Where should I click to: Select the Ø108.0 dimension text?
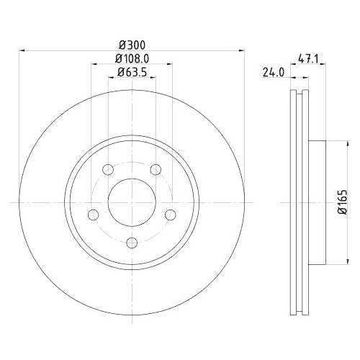click(x=132, y=58)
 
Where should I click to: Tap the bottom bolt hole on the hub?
click(x=132, y=243)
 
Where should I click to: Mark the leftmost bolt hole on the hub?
click(x=93, y=215)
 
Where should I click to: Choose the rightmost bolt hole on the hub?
click(x=171, y=215)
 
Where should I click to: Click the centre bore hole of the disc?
click(x=132, y=204)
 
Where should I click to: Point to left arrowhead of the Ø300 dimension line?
click(x=20, y=50)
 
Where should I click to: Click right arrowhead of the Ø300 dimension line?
click(x=243, y=50)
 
